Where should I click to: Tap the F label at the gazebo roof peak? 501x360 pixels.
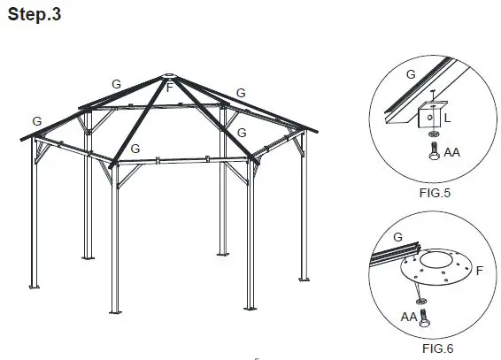169,87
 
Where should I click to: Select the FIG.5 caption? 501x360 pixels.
433,188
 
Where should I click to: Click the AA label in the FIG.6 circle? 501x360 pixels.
408,315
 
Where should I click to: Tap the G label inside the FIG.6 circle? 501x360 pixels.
397,237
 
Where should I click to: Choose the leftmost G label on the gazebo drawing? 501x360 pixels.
35,119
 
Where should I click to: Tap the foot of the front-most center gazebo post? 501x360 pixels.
114,312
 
